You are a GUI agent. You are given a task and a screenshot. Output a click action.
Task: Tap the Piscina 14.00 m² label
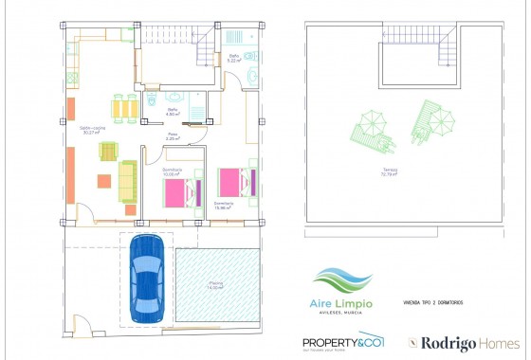(217, 285)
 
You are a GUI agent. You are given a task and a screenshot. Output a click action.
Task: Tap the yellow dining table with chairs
(123, 107)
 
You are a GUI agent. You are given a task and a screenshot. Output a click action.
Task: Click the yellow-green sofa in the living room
(126, 180)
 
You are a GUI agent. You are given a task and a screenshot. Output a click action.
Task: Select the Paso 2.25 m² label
(173, 136)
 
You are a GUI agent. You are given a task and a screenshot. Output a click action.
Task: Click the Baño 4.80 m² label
(173, 113)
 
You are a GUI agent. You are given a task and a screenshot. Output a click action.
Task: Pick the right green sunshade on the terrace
(430, 118)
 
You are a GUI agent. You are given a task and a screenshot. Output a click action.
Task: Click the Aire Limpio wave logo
(342, 281)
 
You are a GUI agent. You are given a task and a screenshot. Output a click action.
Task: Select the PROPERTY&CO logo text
(343, 343)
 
